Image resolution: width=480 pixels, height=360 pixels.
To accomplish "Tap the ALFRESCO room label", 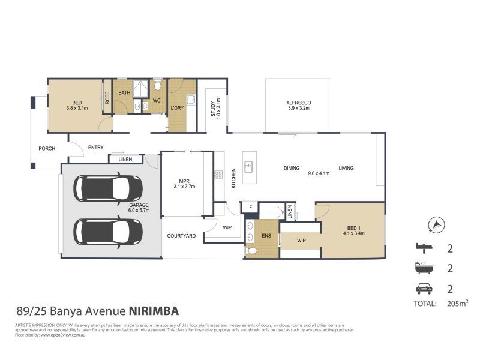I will tap(298, 103).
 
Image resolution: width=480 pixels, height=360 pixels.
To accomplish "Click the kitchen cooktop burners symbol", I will tap(218, 175).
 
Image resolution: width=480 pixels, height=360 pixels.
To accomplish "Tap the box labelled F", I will tap(250, 208).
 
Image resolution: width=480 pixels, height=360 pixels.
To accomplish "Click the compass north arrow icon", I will tap(436, 225).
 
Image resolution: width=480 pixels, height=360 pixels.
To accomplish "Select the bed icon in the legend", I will tap(424, 247).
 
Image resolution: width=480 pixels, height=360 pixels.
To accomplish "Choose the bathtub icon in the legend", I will tap(424, 268).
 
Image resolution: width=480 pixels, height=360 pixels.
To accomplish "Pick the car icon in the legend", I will tap(424, 288).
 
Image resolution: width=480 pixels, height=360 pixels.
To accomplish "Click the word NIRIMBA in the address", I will tap(153, 311).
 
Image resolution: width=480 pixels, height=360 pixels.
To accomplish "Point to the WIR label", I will tap(301, 241).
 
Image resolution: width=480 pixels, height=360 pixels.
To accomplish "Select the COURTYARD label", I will tap(181, 236).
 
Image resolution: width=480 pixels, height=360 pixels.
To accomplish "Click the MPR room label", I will tap(184, 181).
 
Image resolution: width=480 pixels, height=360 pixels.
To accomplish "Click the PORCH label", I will tap(47, 148).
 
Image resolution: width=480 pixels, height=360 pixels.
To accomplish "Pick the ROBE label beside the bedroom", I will tap(107, 97).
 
